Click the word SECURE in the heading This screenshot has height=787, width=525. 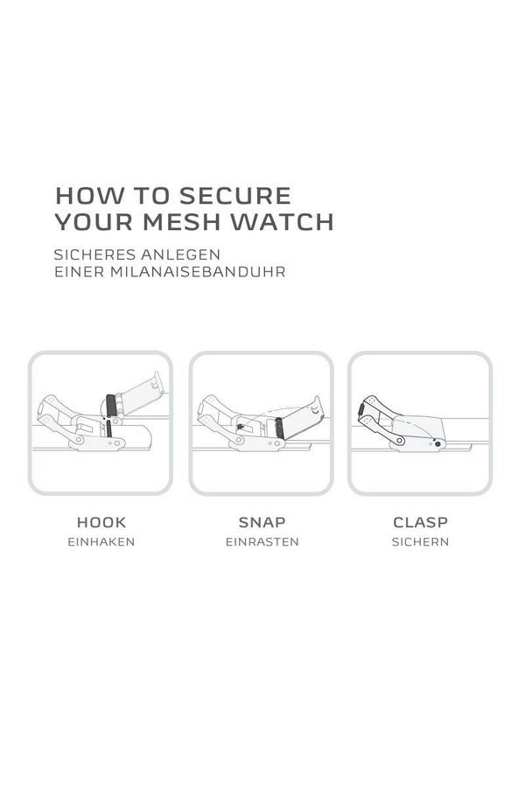pos(235,196)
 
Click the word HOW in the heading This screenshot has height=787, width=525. pos(89,196)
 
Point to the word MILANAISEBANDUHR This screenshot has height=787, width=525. pos(198,272)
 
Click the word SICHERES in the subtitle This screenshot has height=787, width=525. pos(94,254)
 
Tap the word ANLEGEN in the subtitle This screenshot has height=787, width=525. pos(180,254)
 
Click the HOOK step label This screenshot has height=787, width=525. pos(101,523)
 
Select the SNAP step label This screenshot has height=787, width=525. pos(262,523)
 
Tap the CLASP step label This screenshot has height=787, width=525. pos(421,523)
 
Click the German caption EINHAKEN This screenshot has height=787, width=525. pos(101,542)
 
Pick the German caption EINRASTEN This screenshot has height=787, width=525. pos(262,542)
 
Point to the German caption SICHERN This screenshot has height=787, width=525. pos(421,542)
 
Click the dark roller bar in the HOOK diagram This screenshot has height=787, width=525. pos(111,405)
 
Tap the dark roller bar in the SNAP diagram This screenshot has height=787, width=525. pos(279,428)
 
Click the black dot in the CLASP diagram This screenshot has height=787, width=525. pos(437,444)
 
